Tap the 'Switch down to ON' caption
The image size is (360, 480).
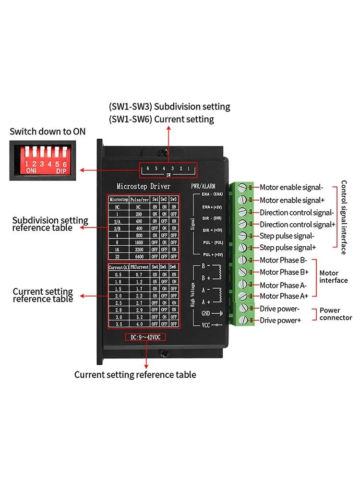coord(48,131)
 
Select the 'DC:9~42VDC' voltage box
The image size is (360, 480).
coord(145,337)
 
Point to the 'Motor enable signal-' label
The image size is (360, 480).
coord(291,188)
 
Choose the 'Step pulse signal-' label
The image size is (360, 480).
coord(287,236)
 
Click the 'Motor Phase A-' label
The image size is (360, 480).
coord(282,285)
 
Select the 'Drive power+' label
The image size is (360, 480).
coord(280,320)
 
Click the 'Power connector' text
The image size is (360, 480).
coord(336,314)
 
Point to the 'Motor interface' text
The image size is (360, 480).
coord(333,276)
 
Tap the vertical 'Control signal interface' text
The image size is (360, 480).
coord(344,217)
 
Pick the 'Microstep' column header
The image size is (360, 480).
coord(118,199)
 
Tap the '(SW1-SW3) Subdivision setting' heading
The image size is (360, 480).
coord(169,107)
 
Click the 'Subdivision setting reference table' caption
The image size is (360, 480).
coord(50,224)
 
